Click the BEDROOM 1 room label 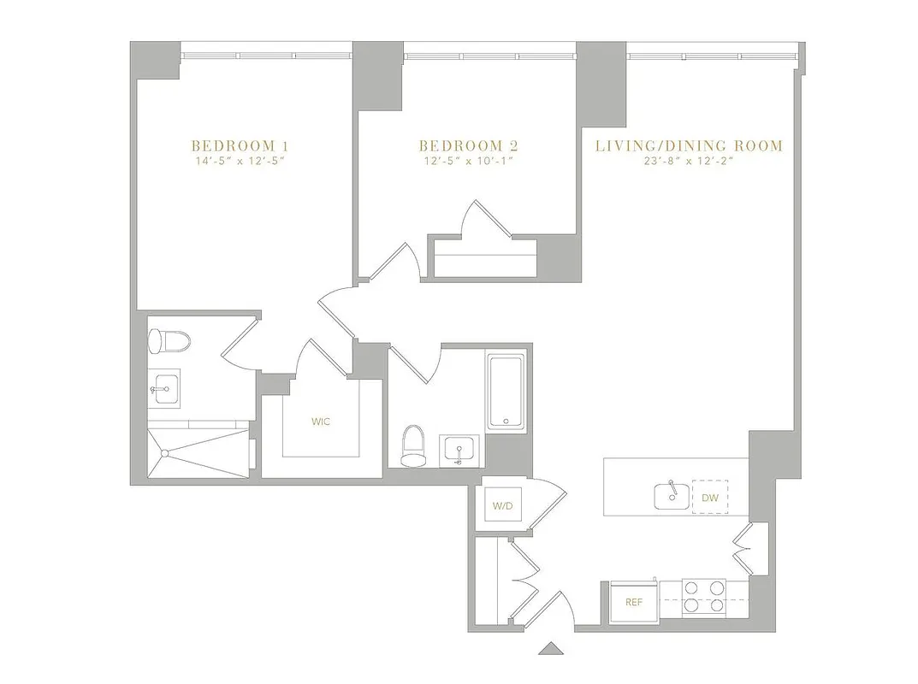pyautogui.click(x=234, y=145)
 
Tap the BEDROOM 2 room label pyautogui.click(x=468, y=145)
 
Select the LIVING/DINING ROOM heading pyautogui.click(x=689, y=145)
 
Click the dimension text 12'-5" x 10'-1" pyautogui.click(x=468, y=161)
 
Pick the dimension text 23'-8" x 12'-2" pyautogui.click(x=689, y=161)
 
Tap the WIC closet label pyautogui.click(x=321, y=421)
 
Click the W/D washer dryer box pyautogui.click(x=501, y=506)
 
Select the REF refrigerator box pyautogui.click(x=634, y=602)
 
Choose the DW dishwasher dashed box pyautogui.click(x=710, y=497)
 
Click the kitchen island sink pyautogui.click(x=669, y=494)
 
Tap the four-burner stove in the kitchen pyautogui.click(x=703, y=597)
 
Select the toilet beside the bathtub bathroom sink pyautogui.click(x=412, y=446)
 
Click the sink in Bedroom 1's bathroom pyautogui.click(x=164, y=387)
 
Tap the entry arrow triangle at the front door pyautogui.click(x=552, y=647)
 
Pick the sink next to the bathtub pyautogui.click(x=460, y=450)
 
